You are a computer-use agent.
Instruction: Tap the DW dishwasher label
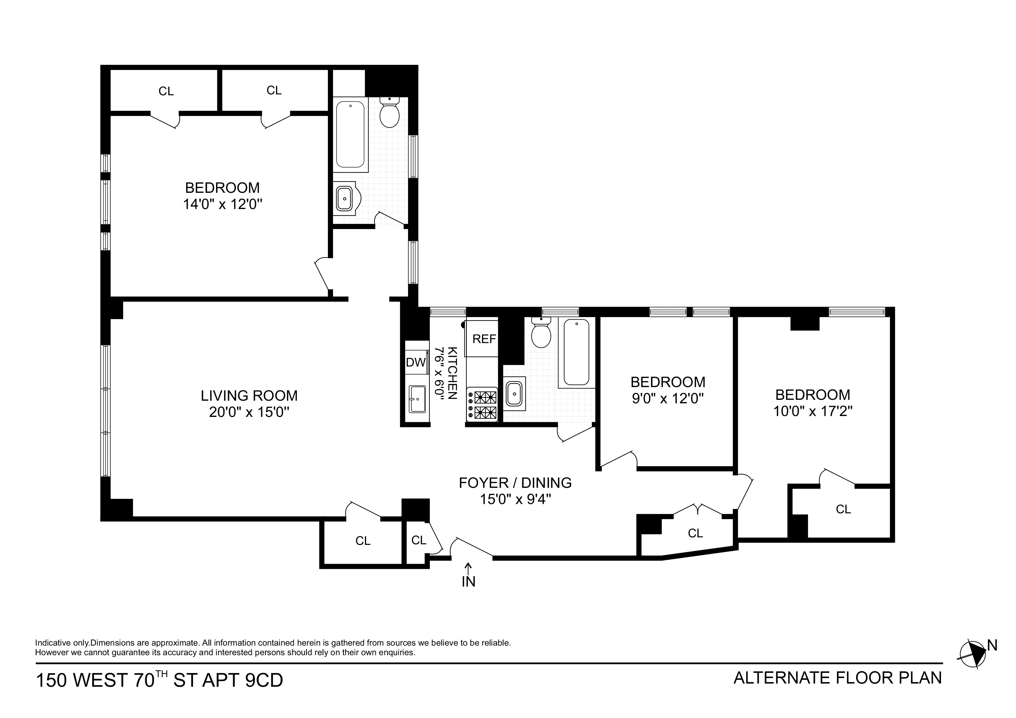[x=416, y=362]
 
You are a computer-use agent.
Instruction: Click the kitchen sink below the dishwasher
[x=417, y=399]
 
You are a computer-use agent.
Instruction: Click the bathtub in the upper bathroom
[x=350, y=135]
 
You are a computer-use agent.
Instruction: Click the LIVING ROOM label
[x=249, y=395]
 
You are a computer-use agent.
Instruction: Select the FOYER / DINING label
[x=515, y=483]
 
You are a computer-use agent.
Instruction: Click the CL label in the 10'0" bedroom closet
[x=843, y=509]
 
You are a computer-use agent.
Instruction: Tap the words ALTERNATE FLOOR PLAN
[x=837, y=678]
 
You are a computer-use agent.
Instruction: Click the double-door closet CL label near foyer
[x=695, y=534]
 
